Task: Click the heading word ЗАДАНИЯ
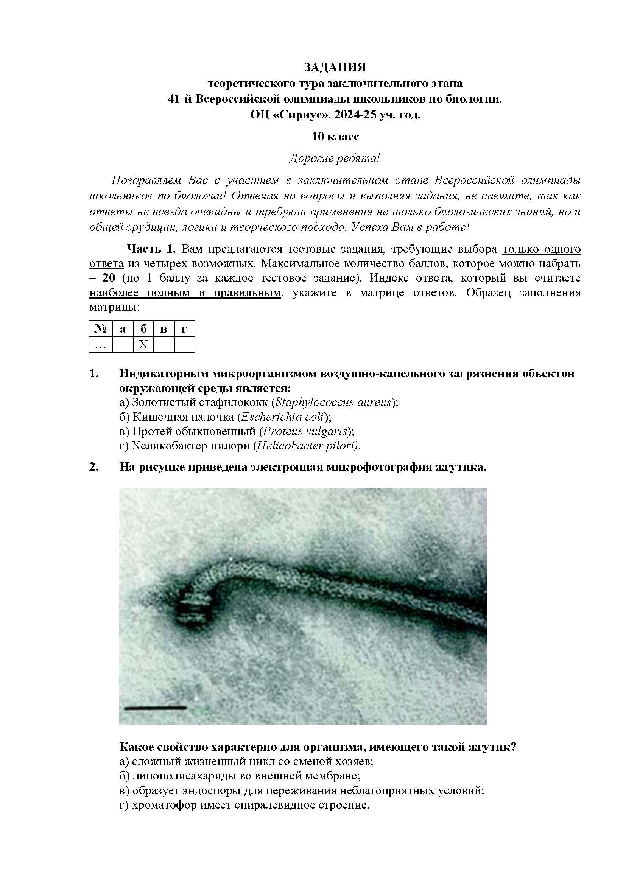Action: click(x=335, y=67)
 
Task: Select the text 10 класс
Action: click(x=335, y=137)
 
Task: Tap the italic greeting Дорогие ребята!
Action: click(x=335, y=159)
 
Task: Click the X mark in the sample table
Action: click(x=143, y=344)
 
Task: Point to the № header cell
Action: click(x=101, y=329)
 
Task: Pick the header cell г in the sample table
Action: click(x=184, y=329)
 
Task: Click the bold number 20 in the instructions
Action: click(x=109, y=278)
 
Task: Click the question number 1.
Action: click(x=93, y=373)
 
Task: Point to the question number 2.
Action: click(x=93, y=467)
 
